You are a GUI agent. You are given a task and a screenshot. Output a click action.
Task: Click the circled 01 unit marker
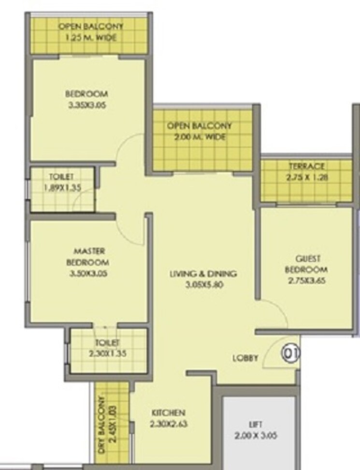click(x=291, y=353)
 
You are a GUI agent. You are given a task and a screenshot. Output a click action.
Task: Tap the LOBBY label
click(x=245, y=358)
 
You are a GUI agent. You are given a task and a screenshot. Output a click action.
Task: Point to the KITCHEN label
click(x=168, y=413)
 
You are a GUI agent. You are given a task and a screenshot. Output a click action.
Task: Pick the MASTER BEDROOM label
click(x=88, y=257)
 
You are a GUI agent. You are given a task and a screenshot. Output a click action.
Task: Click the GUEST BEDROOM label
click(x=306, y=264)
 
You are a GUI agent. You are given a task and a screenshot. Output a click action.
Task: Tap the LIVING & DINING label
click(x=203, y=274)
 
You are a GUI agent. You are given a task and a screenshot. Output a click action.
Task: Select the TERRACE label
click(x=307, y=166)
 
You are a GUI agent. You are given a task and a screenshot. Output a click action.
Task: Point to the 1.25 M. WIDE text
click(x=91, y=37)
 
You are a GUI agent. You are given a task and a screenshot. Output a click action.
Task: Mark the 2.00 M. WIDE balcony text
click(x=200, y=137)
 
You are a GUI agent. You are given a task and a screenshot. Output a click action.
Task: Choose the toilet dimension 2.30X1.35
click(x=107, y=353)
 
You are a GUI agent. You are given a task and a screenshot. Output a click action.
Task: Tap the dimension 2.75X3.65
click(x=306, y=280)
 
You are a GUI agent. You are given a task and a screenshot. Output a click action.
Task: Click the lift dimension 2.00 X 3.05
click(x=256, y=435)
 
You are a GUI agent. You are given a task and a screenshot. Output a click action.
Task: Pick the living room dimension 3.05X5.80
click(x=203, y=285)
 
